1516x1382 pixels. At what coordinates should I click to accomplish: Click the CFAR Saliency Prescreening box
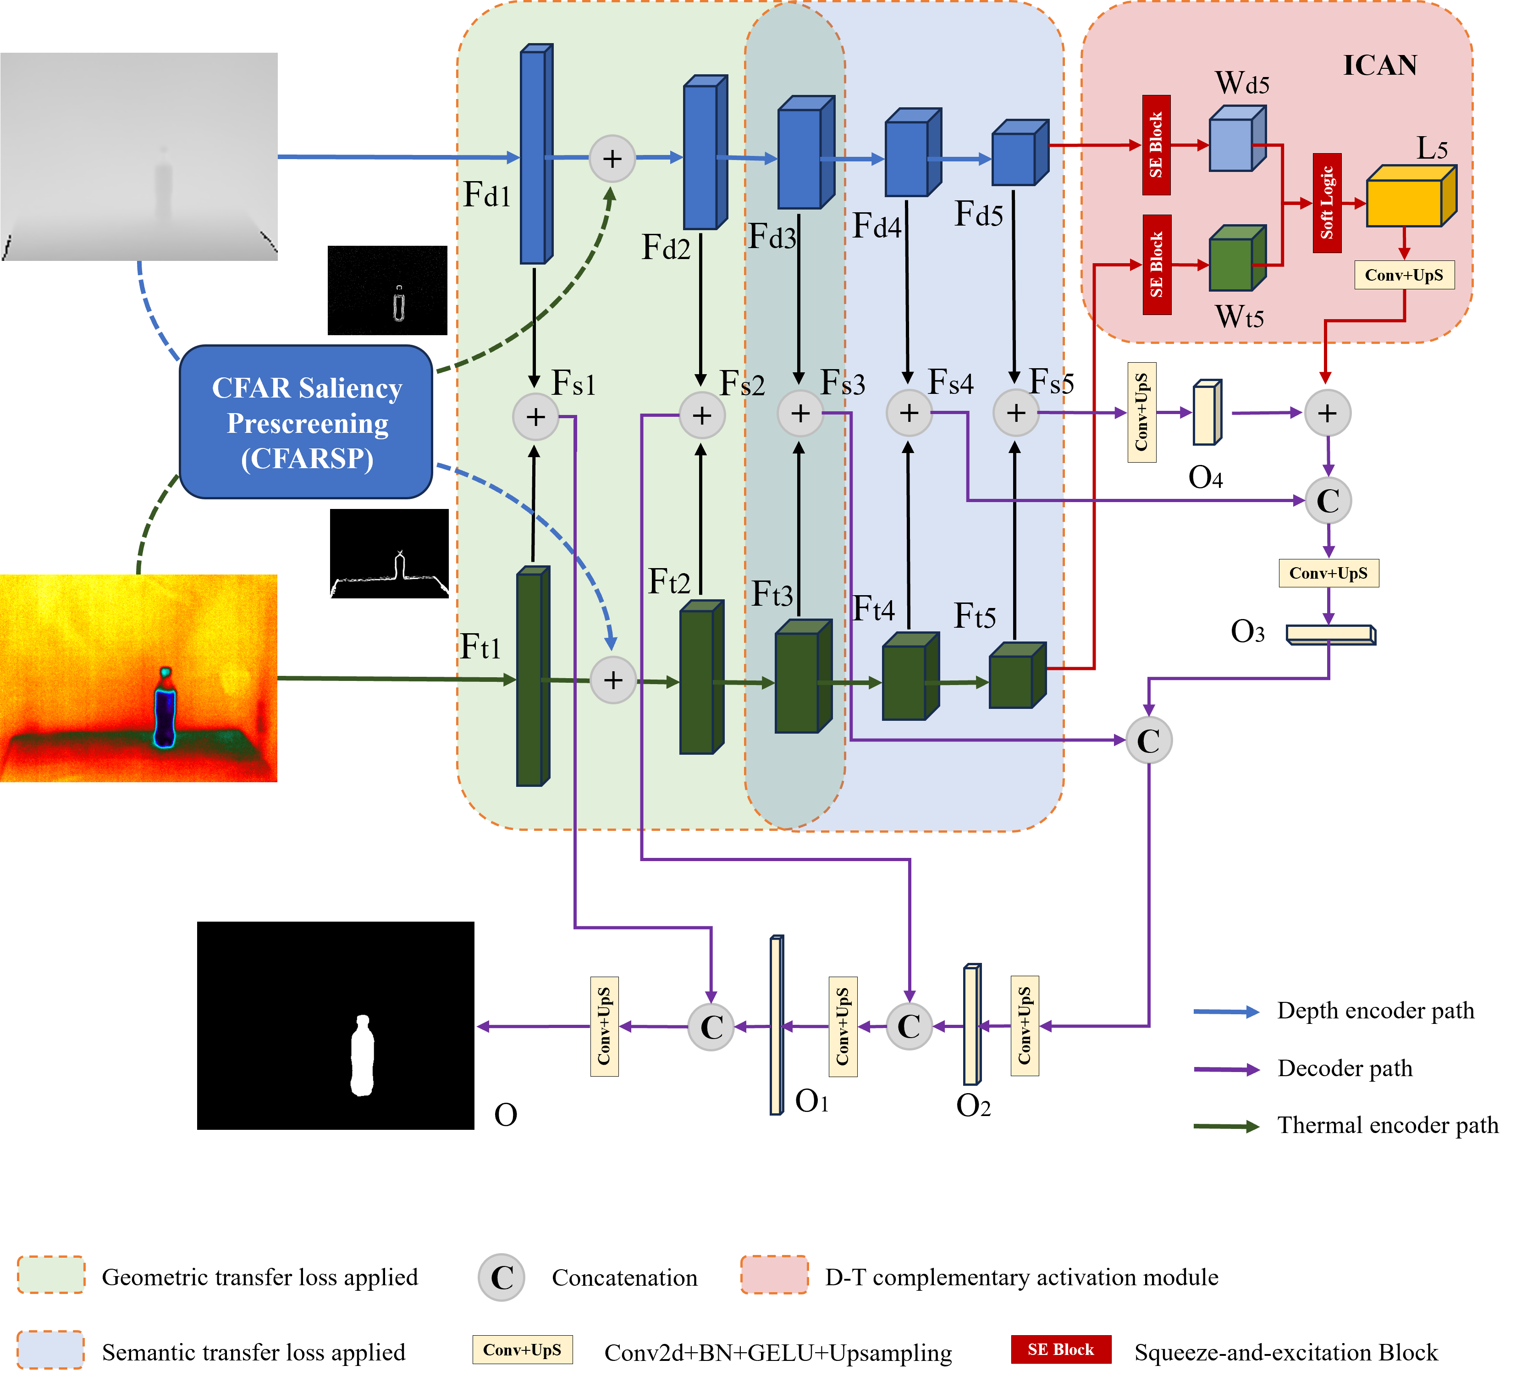(306, 422)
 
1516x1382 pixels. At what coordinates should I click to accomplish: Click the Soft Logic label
(1327, 203)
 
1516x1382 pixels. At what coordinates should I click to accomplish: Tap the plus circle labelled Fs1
(535, 416)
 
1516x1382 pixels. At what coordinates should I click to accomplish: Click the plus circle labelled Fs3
(800, 413)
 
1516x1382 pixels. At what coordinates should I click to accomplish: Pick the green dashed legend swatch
(51, 1274)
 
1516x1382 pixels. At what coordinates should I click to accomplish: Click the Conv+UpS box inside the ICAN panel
(1403, 275)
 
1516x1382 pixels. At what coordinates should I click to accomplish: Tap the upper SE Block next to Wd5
(1156, 145)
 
